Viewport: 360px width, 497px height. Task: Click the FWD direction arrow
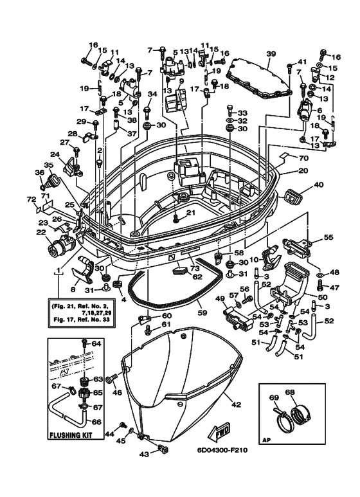point(219,431)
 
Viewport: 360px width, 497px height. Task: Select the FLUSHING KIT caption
point(71,435)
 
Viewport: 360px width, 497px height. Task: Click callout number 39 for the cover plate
point(271,54)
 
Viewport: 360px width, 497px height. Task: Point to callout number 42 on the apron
point(237,404)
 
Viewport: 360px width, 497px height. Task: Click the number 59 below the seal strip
point(202,313)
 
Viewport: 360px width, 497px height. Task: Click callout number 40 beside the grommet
point(318,185)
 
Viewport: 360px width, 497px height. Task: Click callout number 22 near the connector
point(41,232)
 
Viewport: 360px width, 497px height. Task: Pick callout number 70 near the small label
point(303,158)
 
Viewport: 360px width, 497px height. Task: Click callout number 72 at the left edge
point(31,199)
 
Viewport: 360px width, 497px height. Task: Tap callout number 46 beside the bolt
point(118,393)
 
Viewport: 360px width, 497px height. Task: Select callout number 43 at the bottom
point(144,454)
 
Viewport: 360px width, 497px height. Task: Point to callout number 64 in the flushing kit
point(96,343)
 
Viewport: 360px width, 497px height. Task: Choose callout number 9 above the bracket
point(181,81)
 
